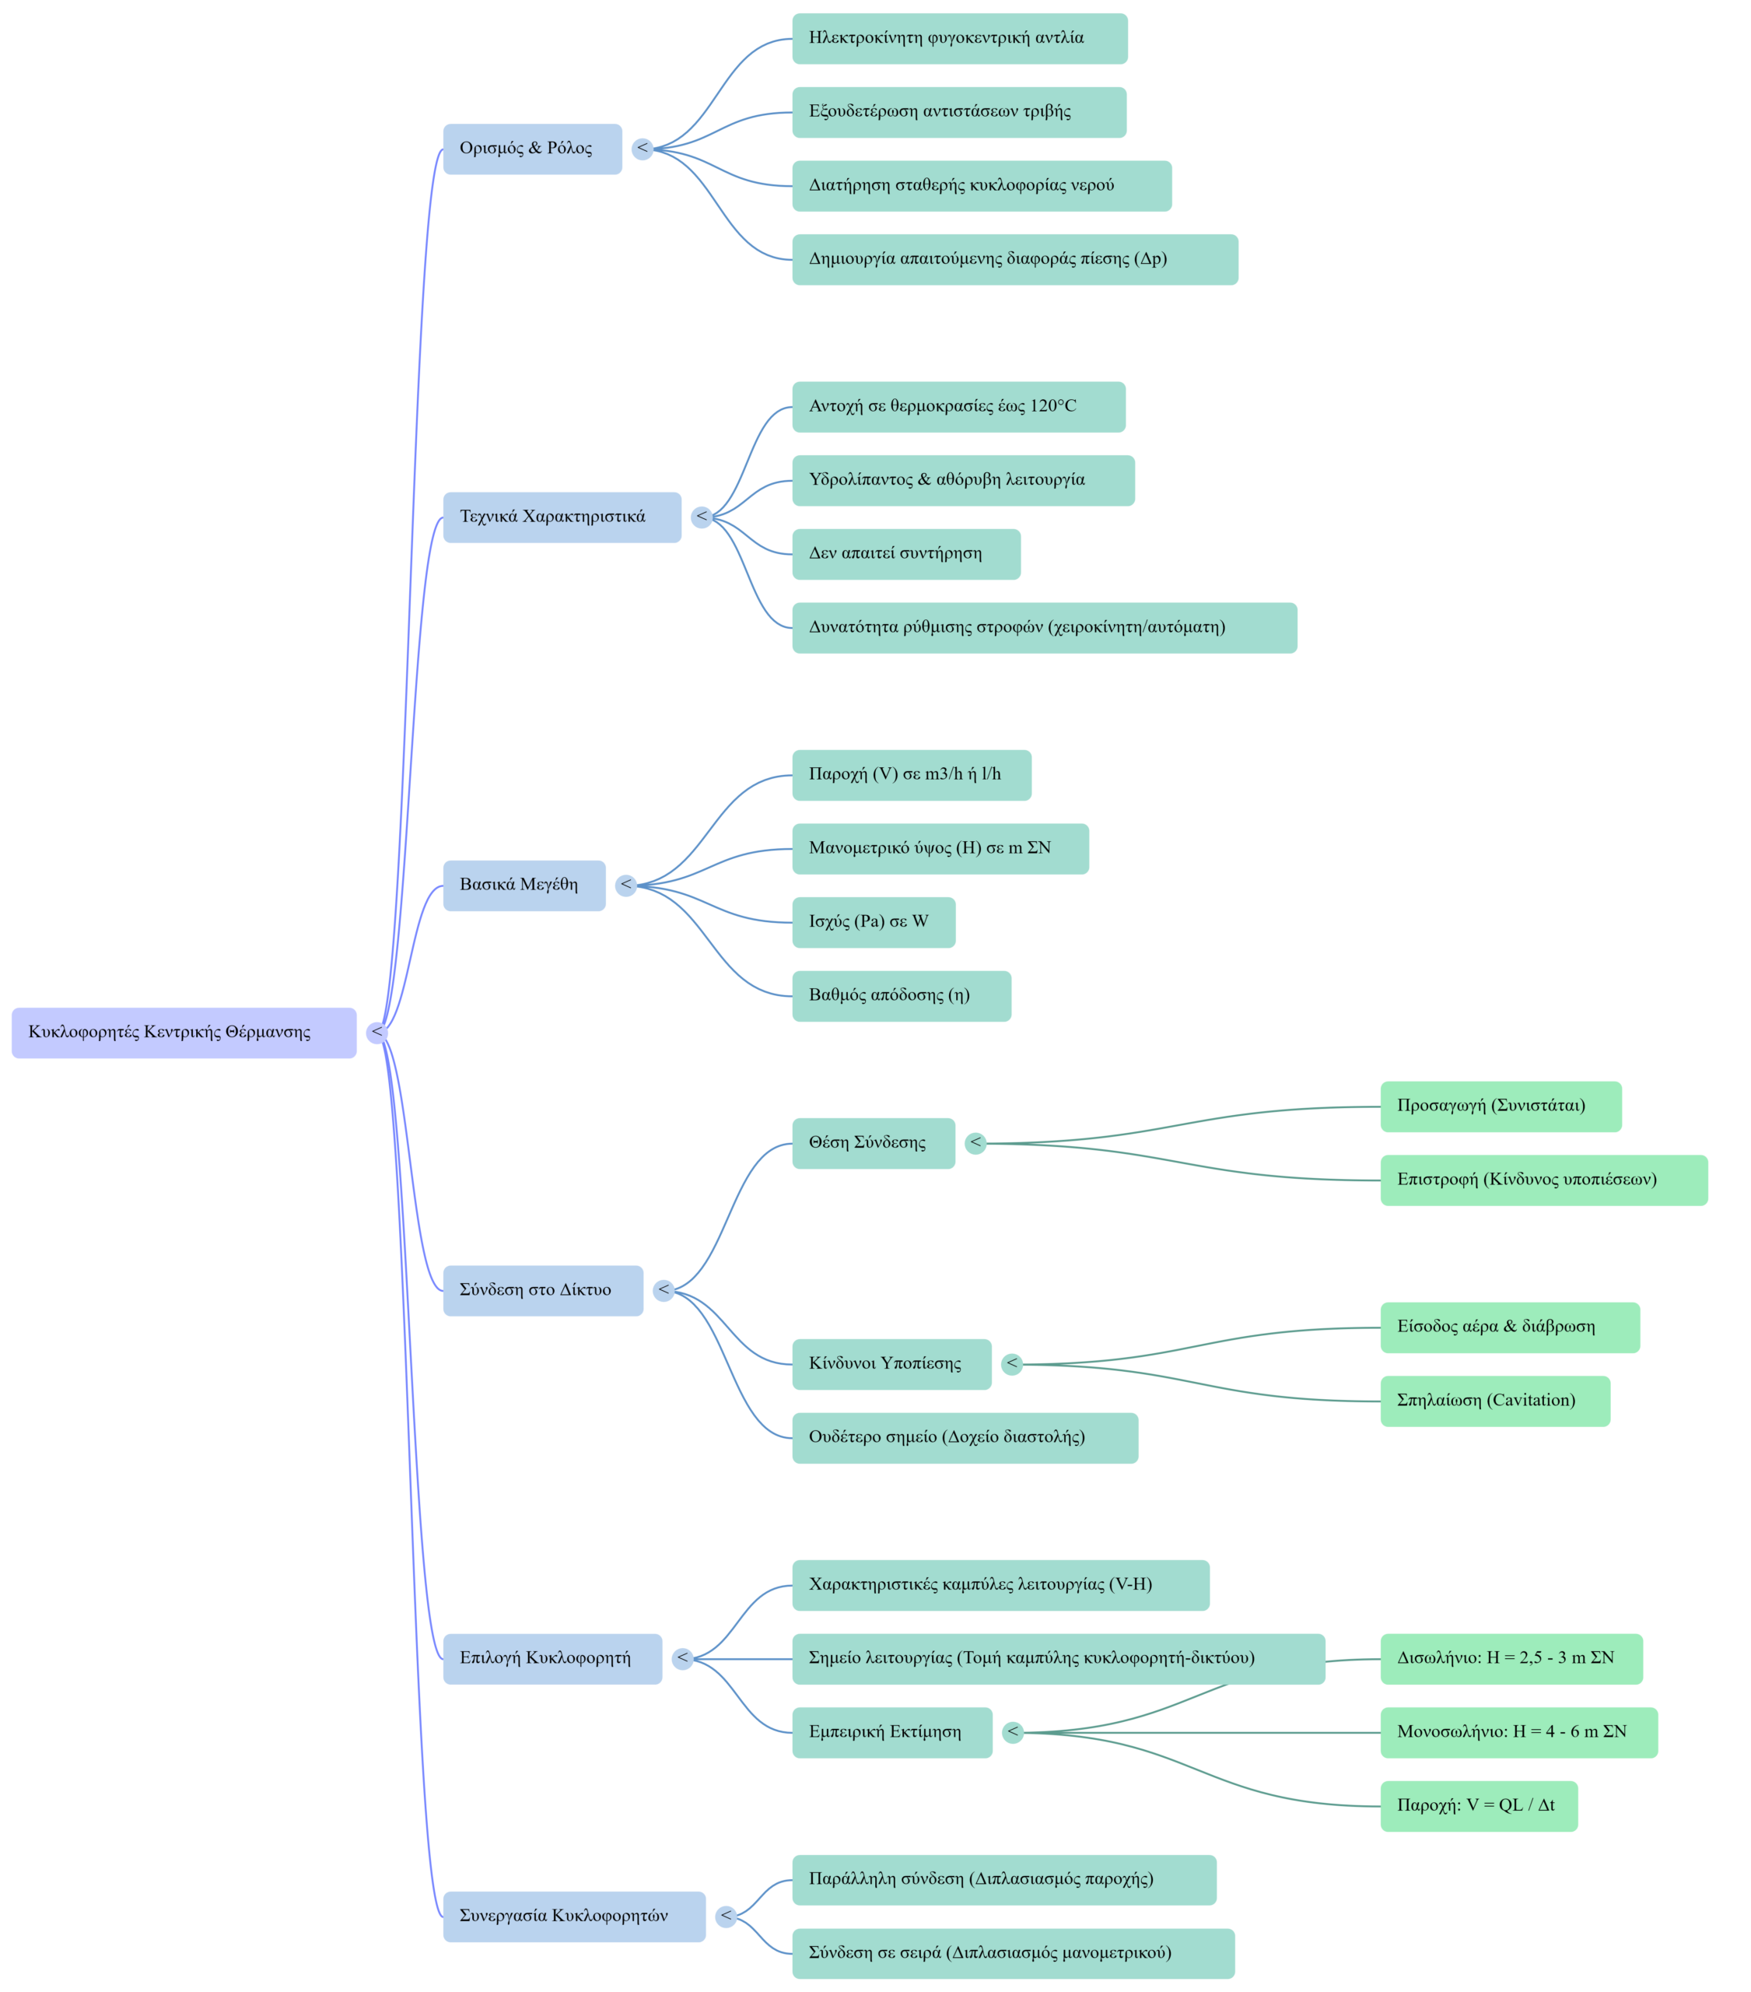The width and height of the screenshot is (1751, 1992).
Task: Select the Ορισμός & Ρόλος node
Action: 532,149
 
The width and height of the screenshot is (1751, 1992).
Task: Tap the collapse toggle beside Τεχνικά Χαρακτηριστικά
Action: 702,517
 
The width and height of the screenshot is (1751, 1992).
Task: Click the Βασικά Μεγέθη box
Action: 524,885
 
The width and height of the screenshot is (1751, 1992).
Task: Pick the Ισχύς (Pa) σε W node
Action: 873,922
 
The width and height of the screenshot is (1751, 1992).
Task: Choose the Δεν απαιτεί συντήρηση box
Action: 906,553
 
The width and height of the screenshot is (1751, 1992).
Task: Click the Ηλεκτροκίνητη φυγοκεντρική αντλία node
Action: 959,39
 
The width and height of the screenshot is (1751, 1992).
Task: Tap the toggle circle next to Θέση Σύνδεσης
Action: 975,1143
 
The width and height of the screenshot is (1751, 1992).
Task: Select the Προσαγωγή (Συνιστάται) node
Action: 1500,1106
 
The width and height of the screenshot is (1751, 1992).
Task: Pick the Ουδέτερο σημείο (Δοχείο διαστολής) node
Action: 965,1437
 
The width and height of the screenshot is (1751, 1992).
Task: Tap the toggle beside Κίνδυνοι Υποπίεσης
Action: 1012,1363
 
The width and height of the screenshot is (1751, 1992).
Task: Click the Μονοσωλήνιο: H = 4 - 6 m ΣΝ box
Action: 1518,1732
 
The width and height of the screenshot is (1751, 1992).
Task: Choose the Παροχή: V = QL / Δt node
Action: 1478,1806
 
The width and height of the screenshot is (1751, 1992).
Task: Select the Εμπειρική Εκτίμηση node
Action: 891,1732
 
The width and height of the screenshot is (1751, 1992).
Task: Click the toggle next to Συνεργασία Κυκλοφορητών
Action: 726,1916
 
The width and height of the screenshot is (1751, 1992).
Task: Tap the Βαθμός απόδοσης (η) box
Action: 902,996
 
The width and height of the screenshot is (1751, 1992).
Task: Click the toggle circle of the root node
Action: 377,1032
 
